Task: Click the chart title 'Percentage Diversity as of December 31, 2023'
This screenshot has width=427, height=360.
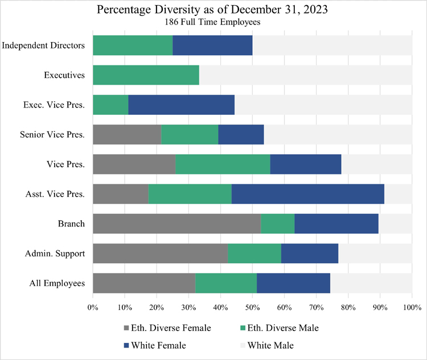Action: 213,10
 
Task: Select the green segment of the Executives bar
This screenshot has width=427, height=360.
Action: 146,75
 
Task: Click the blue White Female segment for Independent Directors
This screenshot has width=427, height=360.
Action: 212,45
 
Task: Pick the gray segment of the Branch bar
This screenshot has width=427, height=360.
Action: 176,224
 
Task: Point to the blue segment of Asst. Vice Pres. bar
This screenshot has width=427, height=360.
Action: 307,194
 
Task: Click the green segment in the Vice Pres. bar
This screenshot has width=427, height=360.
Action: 223,164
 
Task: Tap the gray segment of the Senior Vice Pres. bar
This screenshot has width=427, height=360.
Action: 127,135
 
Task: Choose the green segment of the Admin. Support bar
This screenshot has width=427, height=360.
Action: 254,253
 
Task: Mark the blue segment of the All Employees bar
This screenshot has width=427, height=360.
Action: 293,283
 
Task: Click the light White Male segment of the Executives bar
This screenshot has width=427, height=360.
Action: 305,75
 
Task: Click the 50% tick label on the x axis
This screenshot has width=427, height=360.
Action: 252,308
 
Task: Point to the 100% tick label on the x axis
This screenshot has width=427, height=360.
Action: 411,308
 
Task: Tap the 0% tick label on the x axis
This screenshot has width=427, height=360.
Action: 93,308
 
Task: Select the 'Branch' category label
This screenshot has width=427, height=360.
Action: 71,224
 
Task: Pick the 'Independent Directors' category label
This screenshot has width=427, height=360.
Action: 44,45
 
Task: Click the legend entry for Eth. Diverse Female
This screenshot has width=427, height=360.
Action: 167,328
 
